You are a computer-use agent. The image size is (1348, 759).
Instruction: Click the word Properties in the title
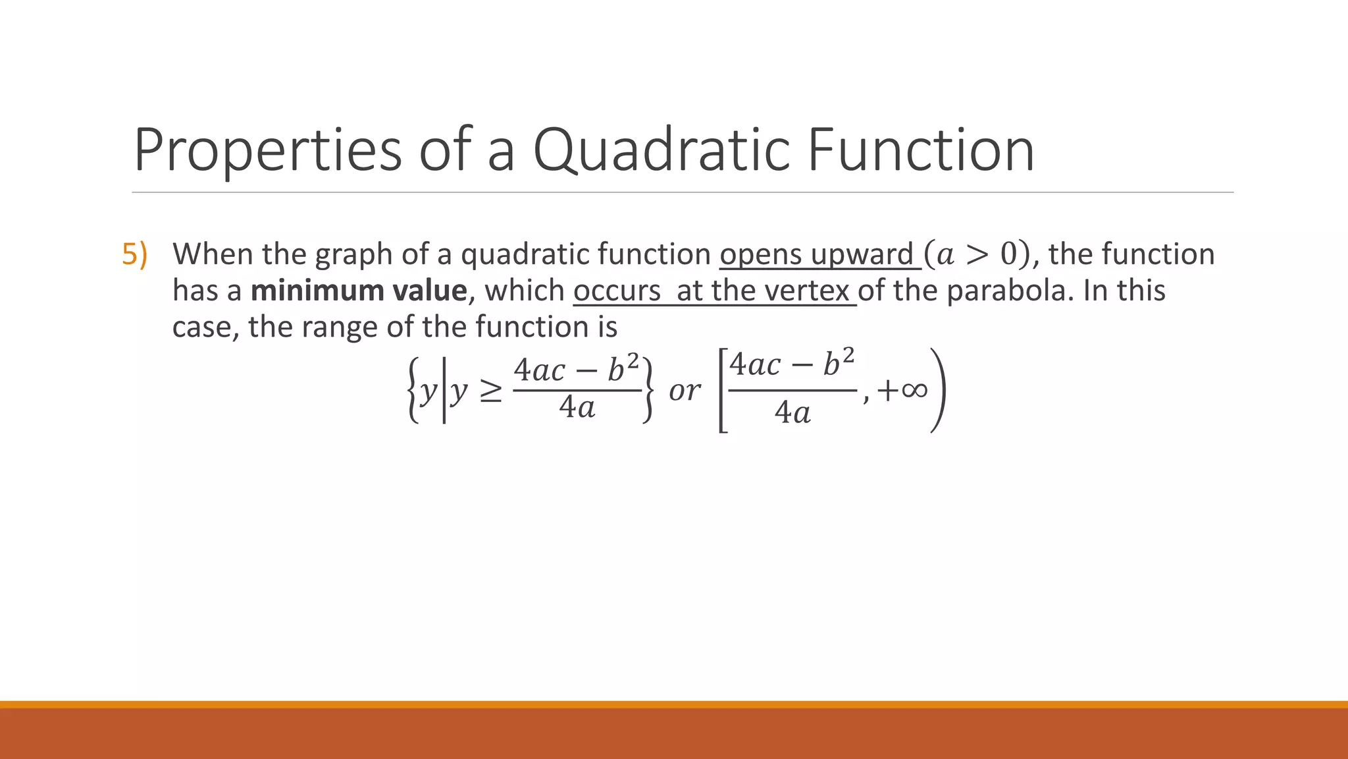click(x=267, y=152)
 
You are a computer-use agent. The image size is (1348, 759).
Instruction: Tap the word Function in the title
click(x=920, y=152)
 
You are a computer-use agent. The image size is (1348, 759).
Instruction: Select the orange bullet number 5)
click(x=134, y=254)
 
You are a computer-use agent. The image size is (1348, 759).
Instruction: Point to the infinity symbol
click(x=914, y=390)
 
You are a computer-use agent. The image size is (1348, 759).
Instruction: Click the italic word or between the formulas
click(x=684, y=391)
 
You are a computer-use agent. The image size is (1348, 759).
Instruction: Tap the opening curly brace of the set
click(x=413, y=390)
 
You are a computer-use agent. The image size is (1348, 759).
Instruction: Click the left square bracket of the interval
click(x=722, y=390)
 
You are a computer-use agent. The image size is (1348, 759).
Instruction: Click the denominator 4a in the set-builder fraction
click(x=577, y=408)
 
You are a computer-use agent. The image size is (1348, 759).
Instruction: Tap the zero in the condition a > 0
click(x=1008, y=254)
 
